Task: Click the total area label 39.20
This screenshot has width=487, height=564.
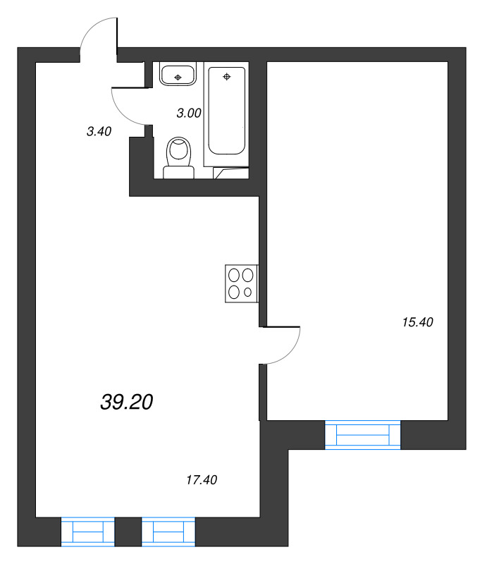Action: point(127,402)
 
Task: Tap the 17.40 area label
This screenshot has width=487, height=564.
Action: point(202,480)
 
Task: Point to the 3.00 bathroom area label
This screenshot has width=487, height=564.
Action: point(189,112)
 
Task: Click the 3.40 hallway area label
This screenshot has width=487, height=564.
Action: point(99,130)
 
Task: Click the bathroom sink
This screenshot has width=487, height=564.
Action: point(178,73)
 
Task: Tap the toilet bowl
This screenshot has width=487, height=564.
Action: point(178,152)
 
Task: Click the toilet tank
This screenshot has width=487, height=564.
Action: point(178,171)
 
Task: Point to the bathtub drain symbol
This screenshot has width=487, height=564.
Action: point(226,76)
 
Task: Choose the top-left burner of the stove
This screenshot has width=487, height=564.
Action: point(235,276)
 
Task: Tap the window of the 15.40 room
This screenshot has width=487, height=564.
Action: point(362,434)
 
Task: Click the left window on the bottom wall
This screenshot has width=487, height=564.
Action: point(88,531)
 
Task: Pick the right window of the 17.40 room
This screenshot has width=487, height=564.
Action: point(168,531)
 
